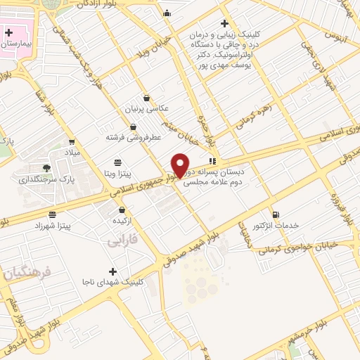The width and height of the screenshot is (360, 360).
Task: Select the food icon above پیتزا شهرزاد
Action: click(52, 213)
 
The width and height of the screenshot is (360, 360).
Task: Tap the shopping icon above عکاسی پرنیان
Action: click(146, 98)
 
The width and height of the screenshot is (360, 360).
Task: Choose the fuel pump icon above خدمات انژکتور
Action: click(275, 214)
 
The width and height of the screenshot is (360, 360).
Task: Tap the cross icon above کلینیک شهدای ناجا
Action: click(112, 271)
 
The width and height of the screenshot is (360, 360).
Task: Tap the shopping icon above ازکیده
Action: click(122, 210)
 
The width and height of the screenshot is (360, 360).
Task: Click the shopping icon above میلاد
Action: click(72, 141)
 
